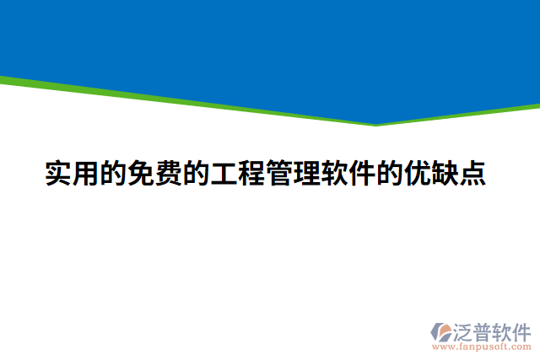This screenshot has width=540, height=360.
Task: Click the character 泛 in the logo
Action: point(462,330)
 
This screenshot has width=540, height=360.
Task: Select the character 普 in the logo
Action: point(483,330)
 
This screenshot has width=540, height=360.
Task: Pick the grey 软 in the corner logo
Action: point(503,330)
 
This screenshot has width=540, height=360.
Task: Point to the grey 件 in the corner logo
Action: point(523,330)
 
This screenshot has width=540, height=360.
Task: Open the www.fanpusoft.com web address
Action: point(482,347)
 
